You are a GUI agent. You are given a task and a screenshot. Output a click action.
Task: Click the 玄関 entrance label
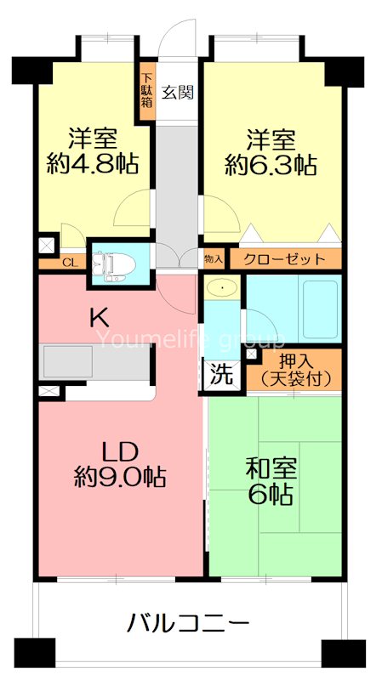pyautogui.click(x=179, y=92)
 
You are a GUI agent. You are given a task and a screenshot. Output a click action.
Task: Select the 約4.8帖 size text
pyautogui.click(x=94, y=164)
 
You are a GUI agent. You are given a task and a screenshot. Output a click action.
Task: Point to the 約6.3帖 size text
pyautogui.click(x=265, y=164)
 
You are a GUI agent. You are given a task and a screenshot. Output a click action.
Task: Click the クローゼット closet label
pyautogui.click(x=283, y=258)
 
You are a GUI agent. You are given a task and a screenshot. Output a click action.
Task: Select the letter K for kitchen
pyautogui.click(x=100, y=319)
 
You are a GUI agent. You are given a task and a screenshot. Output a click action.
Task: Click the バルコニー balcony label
pyautogui.click(x=188, y=624)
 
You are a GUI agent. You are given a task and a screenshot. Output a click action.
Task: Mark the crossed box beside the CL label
pyautogui.click(x=45, y=246)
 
